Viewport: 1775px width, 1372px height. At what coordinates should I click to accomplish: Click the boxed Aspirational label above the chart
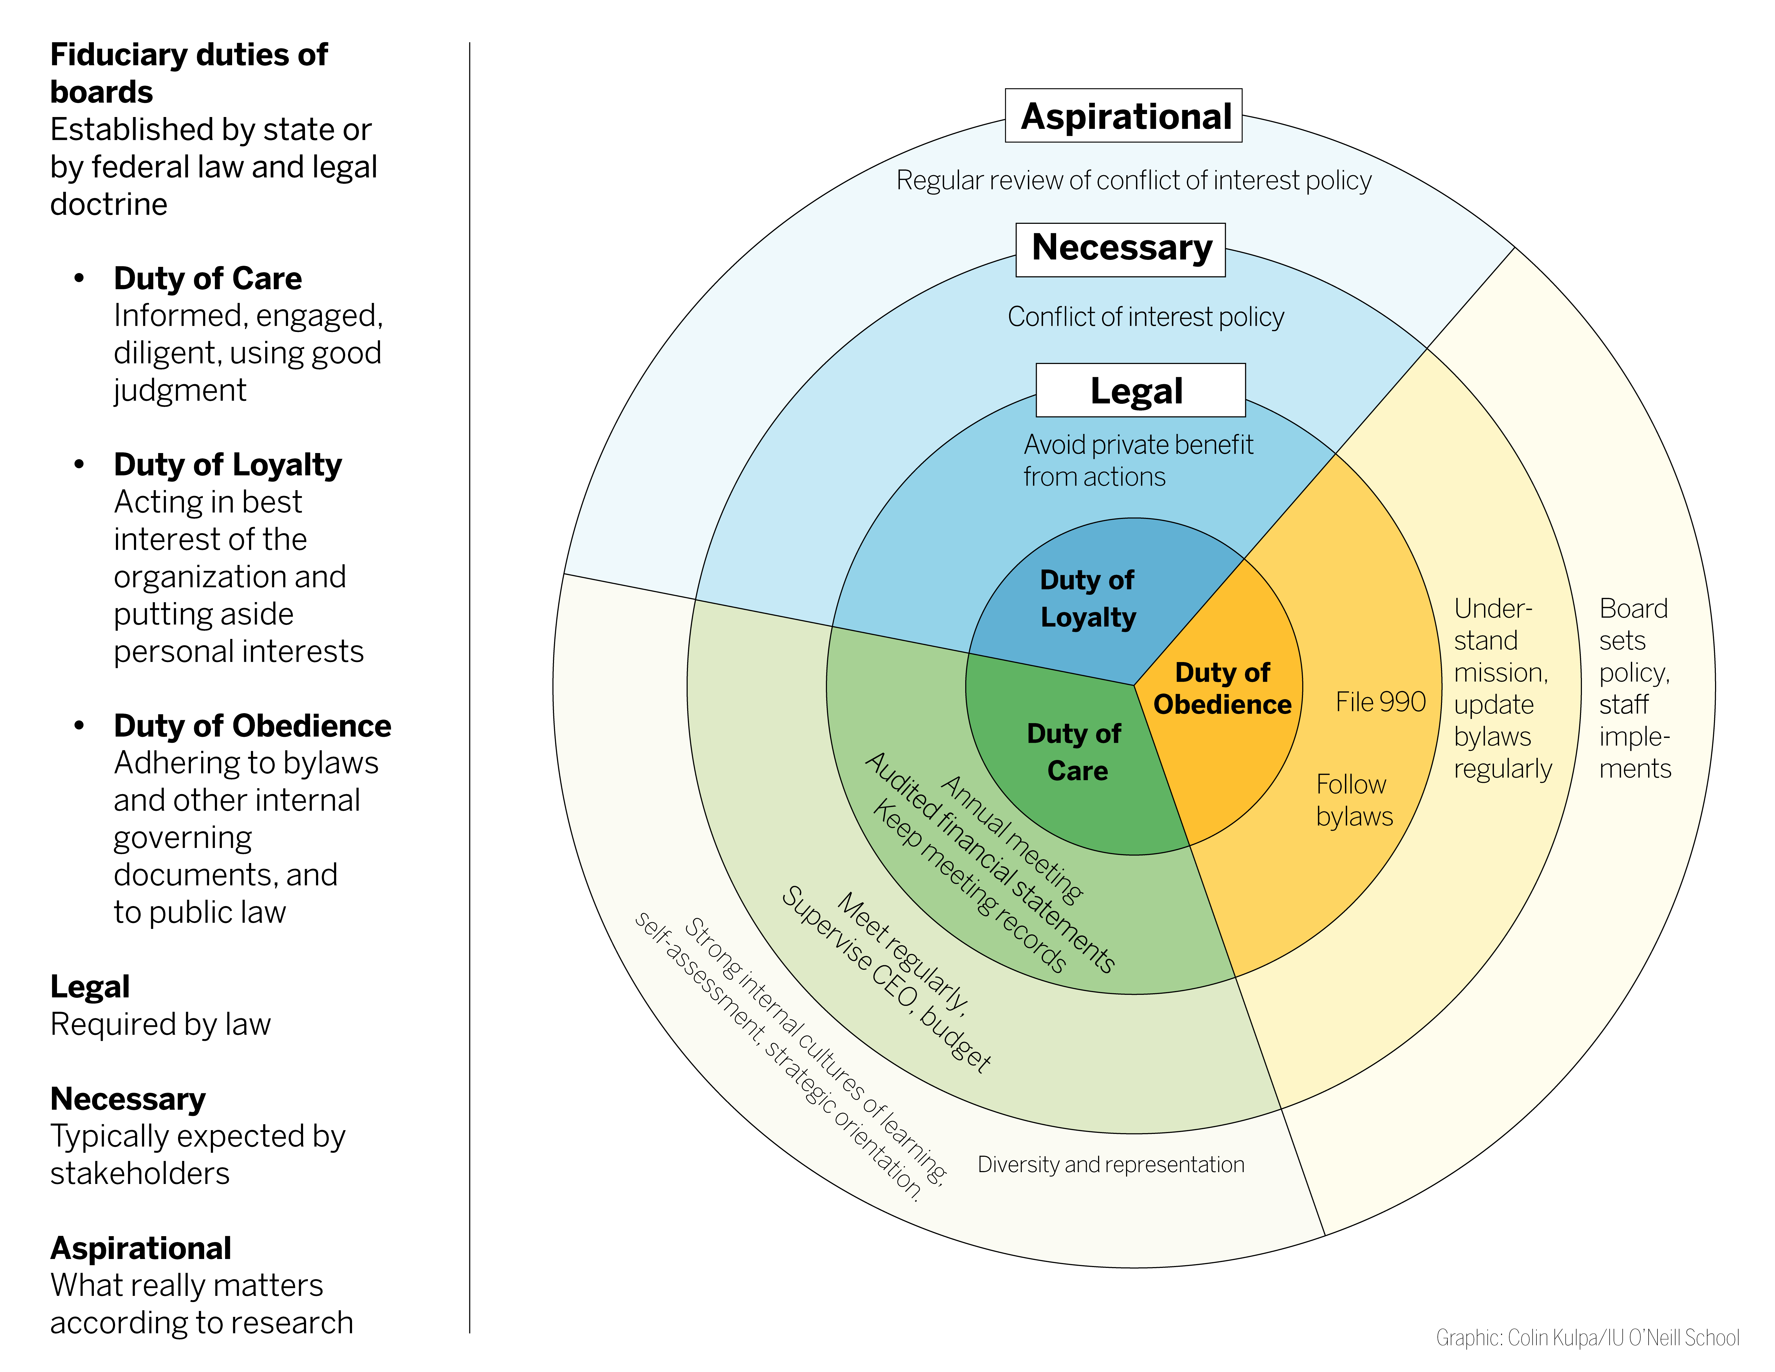click(1123, 115)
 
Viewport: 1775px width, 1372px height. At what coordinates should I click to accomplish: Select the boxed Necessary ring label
click(1121, 250)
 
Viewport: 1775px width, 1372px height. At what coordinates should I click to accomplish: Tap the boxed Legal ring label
click(1140, 390)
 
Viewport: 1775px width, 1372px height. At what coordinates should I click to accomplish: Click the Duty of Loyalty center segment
click(1089, 599)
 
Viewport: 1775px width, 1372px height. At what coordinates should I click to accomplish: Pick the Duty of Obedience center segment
click(1223, 688)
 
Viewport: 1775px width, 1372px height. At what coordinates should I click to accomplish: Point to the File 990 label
click(1380, 701)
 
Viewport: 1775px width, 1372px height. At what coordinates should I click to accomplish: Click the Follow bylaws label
click(1354, 800)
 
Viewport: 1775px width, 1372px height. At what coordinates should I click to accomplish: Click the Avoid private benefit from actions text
click(1138, 460)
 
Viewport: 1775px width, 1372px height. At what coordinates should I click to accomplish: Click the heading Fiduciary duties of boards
click(189, 73)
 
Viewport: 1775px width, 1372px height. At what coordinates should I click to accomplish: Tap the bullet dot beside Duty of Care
click(79, 278)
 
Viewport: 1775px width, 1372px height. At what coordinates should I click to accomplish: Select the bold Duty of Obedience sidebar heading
click(252, 725)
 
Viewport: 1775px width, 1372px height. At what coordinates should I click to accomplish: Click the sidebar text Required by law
click(160, 1024)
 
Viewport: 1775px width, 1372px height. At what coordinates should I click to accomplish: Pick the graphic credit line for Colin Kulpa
click(1587, 1337)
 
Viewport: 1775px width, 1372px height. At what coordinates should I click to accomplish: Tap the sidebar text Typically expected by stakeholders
click(197, 1154)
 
